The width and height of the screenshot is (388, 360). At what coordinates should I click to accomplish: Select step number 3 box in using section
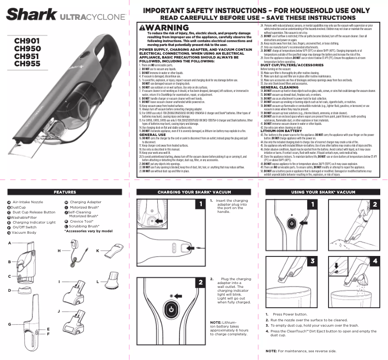pos(313,261)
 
